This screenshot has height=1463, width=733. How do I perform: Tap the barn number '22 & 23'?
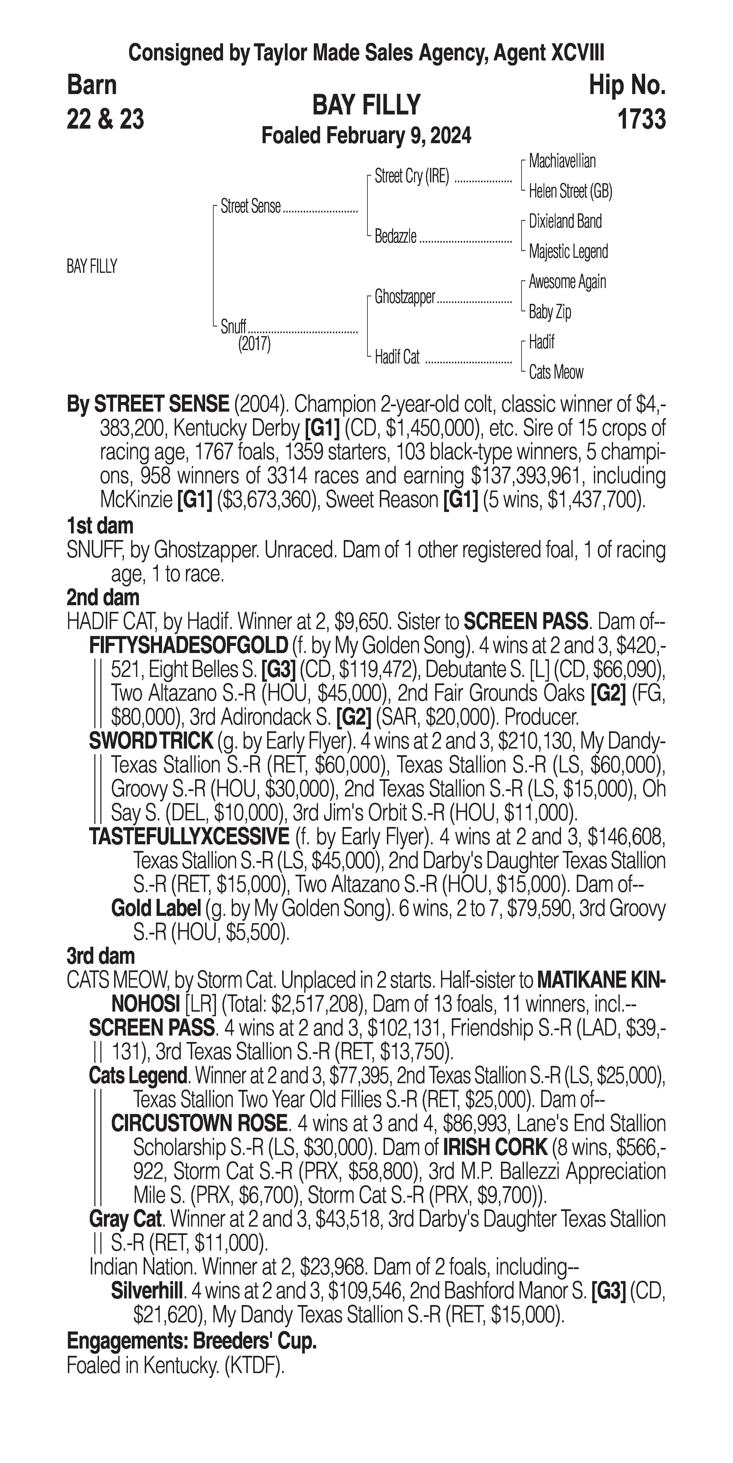[105, 119]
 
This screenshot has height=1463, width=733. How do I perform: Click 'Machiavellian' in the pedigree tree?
[562, 161]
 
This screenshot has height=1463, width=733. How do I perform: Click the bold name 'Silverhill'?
[147, 1291]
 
